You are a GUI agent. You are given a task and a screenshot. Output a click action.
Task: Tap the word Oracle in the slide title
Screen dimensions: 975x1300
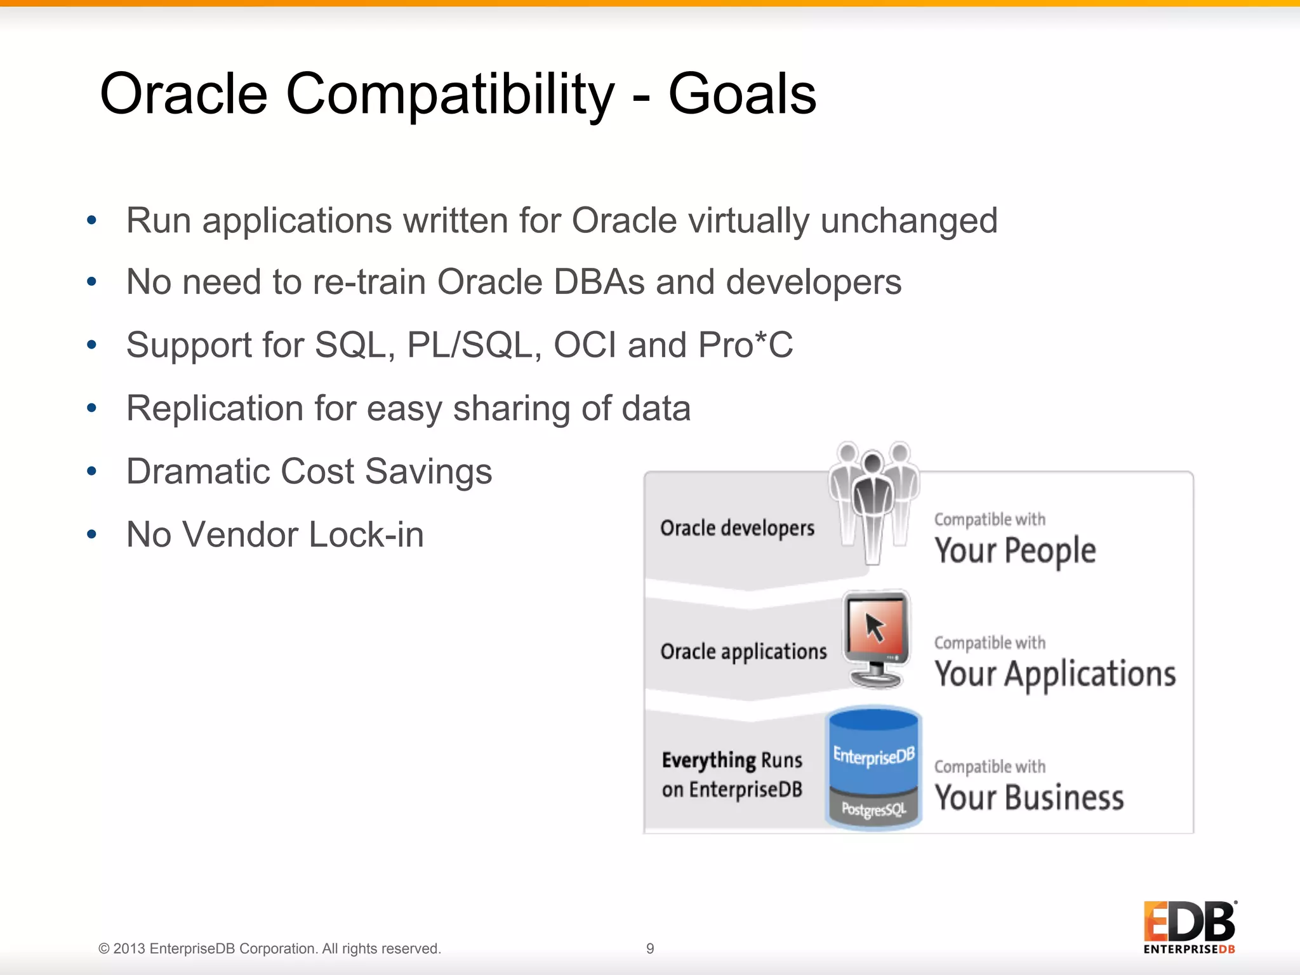point(184,94)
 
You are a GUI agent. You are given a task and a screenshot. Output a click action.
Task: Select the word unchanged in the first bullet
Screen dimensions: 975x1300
point(909,221)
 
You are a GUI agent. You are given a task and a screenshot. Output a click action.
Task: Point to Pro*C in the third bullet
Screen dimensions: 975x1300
point(745,345)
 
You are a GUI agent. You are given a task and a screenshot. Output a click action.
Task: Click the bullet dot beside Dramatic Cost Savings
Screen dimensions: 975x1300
point(92,471)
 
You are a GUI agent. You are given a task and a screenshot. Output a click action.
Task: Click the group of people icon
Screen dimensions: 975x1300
point(873,501)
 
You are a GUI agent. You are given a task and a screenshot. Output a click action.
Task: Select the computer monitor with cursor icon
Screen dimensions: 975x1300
point(876,638)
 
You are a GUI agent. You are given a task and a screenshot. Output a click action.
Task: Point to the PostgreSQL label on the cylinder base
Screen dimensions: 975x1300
point(873,809)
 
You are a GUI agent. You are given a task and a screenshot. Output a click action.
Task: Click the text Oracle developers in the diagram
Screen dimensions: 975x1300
point(737,528)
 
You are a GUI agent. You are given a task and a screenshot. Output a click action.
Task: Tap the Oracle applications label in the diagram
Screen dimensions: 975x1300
point(743,652)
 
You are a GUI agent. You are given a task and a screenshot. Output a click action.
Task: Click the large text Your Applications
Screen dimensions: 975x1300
point(1055,674)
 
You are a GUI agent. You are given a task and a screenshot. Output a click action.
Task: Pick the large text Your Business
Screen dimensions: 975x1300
point(1029,798)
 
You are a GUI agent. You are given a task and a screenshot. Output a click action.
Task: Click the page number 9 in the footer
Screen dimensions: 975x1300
point(650,948)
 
